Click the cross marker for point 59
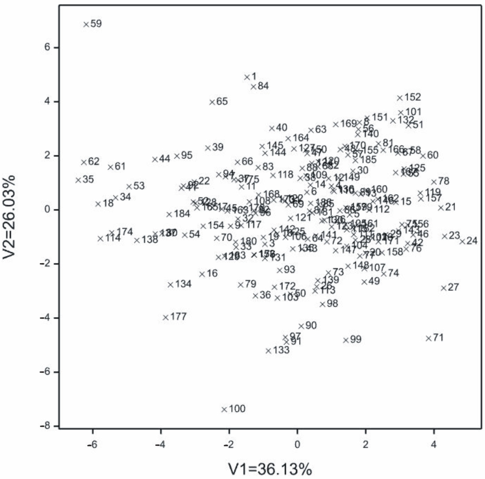pyautogui.click(x=86, y=24)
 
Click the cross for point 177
pyautogui.click(x=165, y=317)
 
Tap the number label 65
pyautogui.click(x=222, y=102)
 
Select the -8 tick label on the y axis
pyautogui.click(x=46, y=426)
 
